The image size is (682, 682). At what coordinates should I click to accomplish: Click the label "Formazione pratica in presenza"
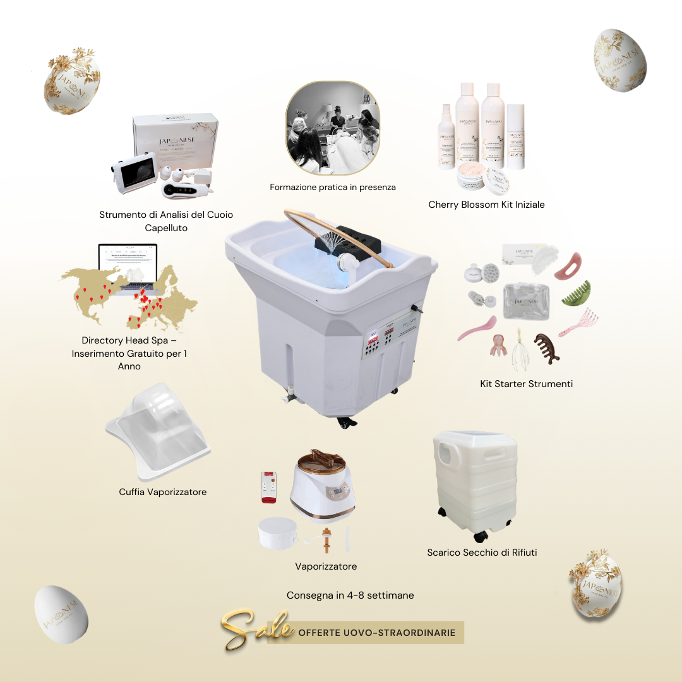click(333, 188)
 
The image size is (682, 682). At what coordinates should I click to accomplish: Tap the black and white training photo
click(333, 128)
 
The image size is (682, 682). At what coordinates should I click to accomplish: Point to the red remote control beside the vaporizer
click(269, 487)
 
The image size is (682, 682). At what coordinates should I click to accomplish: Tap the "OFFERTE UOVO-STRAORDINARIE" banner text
click(376, 632)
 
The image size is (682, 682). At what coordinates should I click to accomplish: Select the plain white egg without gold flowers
click(61, 614)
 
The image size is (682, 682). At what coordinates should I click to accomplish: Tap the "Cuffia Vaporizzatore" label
click(162, 492)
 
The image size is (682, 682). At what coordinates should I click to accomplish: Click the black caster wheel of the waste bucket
click(481, 536)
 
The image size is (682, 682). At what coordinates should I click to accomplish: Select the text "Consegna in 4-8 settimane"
click(350, 595)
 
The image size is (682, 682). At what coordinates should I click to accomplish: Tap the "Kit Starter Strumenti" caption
click(526, 383)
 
